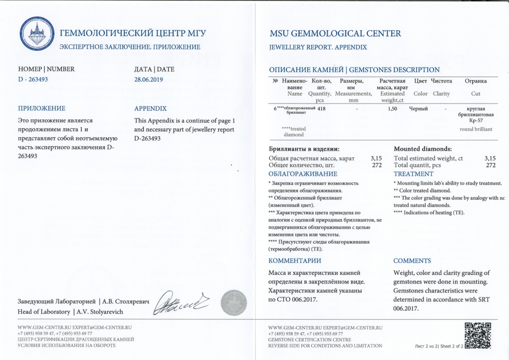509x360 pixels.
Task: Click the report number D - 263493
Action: (x=33, y=79)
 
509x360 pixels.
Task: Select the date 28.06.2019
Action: (x=148, y=79)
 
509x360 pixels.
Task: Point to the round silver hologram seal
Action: (x=233, y=303)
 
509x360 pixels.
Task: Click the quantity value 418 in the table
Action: (x=321, y=108)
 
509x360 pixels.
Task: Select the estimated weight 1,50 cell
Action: (x=392, y=108)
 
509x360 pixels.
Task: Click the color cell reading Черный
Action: (x=419, y=108)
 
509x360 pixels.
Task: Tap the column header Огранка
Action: (x=475, y=81)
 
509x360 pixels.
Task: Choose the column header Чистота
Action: (x=441, y=81)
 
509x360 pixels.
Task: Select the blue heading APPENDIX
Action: (x=151, y=108)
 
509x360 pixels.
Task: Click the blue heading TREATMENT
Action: (x=414, y=174)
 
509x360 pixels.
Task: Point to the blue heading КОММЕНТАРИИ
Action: (x=295, y=261)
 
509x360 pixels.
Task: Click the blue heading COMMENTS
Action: (x=412, y=261)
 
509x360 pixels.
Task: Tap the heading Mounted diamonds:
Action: (x=423, y=149)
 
